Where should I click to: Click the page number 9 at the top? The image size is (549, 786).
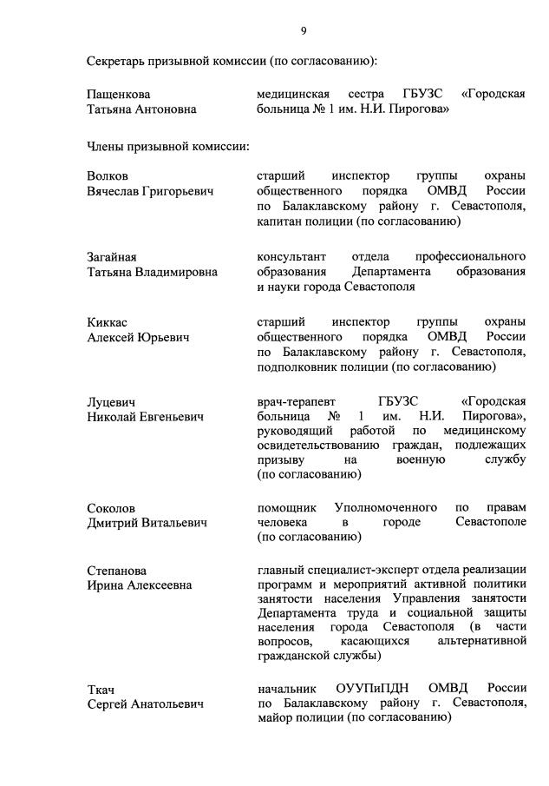304,31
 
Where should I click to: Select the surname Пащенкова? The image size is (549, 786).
120,94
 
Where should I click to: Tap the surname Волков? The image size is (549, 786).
108,175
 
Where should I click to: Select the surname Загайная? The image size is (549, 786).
112,257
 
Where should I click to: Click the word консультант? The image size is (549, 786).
291,257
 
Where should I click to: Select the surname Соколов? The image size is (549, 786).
111,507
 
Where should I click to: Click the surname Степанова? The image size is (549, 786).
117,571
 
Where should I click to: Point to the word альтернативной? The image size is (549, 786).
484,640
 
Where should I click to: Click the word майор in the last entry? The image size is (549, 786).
276,719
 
